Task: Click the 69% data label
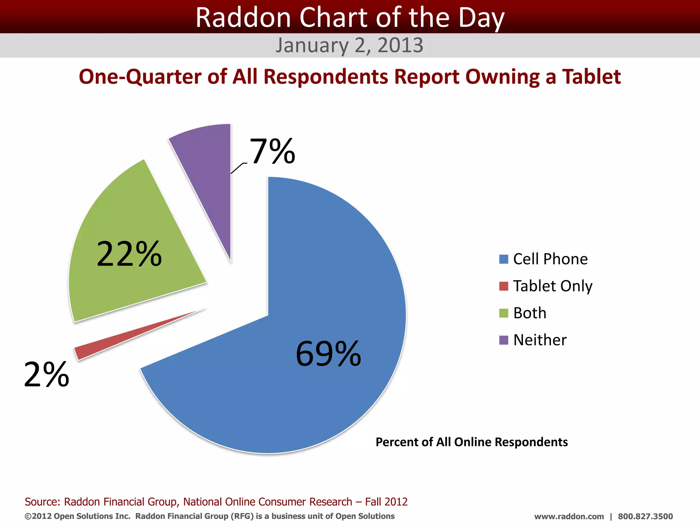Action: (328, 354)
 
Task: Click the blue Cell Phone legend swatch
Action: (503, 259)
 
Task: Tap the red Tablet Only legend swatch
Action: (503, 286)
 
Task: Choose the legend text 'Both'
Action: (530, 313)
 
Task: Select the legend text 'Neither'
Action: (540, 340)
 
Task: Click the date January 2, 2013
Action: (349, 45)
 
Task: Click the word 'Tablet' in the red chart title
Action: (591, 77)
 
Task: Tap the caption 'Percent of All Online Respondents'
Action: (472, 442)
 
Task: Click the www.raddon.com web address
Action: (569, 516)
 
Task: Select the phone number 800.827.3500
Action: (645, 516)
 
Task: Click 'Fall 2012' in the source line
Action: (386, 502)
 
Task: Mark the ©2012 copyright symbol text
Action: (38, 516)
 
